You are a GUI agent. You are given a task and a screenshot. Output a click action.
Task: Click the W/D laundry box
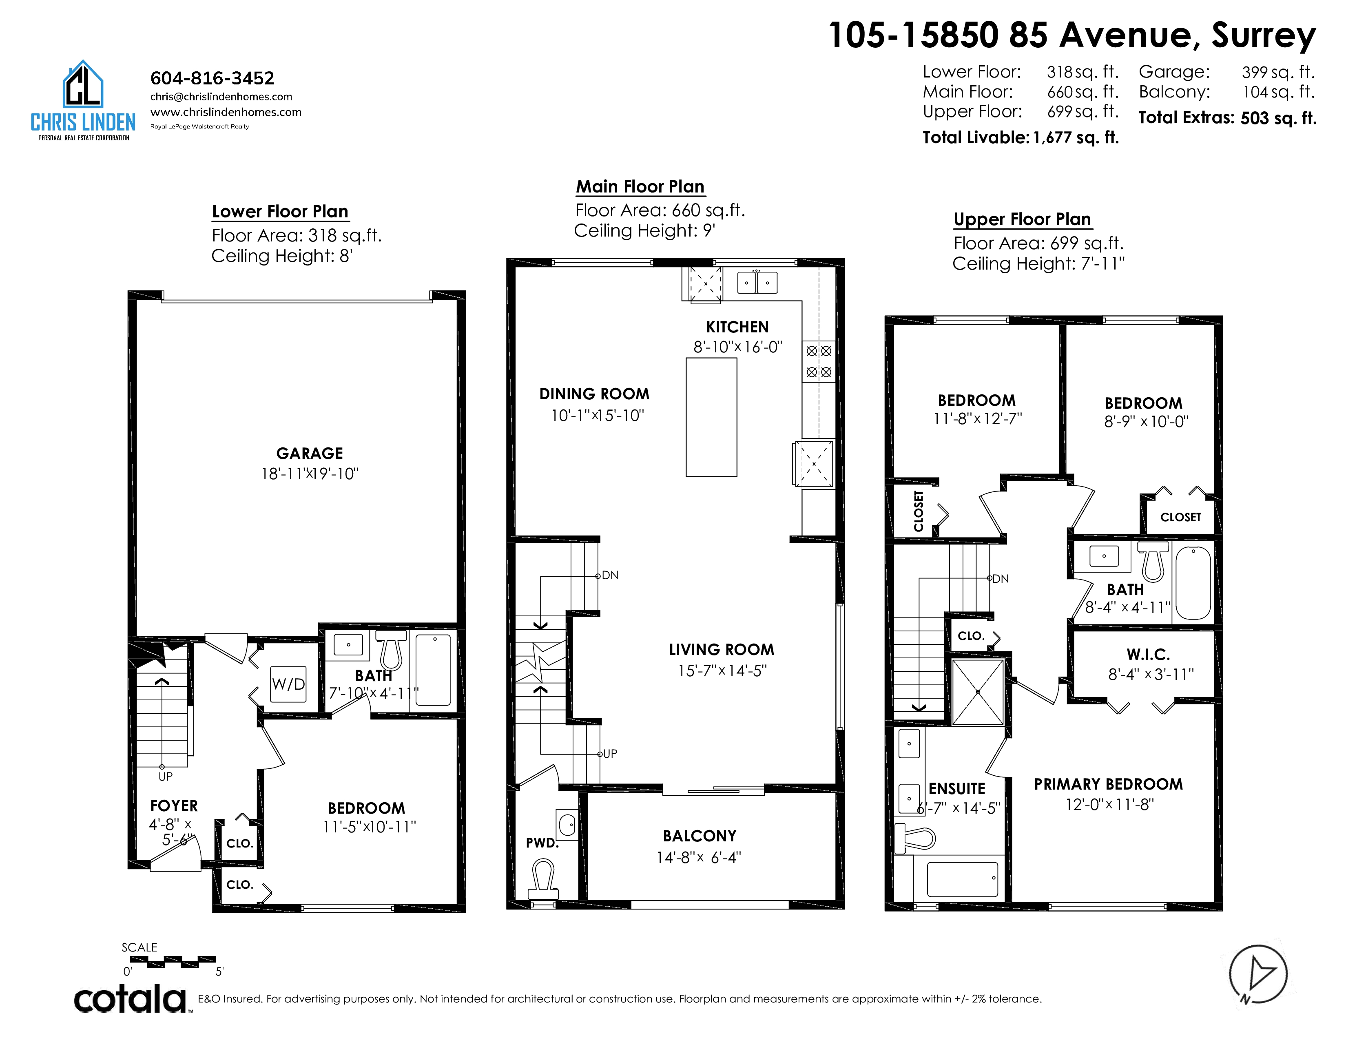coord(288,684)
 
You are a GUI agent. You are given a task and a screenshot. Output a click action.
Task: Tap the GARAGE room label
coord(310,454)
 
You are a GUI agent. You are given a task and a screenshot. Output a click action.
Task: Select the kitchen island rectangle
coord(711,417)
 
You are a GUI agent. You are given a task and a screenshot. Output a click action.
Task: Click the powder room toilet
coord(543,880)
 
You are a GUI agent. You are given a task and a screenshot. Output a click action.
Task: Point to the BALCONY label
coord(700,836)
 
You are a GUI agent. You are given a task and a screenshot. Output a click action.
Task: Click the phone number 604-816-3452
coord(213,78)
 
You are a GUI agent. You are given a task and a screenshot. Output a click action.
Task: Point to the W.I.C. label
coord(1148,654)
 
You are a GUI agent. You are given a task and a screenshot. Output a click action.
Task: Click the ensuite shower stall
coord(978,692)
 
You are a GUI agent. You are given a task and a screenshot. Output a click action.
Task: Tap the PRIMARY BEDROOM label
coord(1108,784)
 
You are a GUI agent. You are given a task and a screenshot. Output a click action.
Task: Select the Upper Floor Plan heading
coord(1023,219)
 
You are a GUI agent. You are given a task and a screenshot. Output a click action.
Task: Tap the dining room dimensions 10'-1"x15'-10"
coord(597,416)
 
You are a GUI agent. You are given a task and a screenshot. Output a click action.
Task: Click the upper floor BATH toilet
coord(1153,561)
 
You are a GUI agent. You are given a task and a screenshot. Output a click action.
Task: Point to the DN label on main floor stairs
coord(610,575)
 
